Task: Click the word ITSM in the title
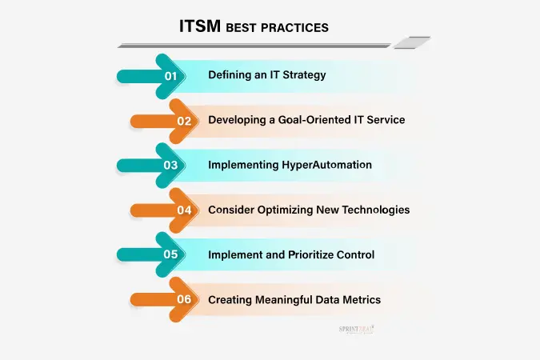tap(200, 26)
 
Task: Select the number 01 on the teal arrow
tap(170, 76)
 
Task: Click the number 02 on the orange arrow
tap(184, 121)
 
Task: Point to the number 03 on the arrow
tap(170, 165)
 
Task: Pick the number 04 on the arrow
tap(184, 210)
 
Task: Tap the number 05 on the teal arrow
tap(170, 254)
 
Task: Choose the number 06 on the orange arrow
tap(184, 299)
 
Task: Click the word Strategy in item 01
tap(304, 75)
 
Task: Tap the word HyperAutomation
tap(326, 165)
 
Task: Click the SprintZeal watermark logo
tap(356, 330)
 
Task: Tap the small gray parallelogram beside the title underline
tap(412, 42)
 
